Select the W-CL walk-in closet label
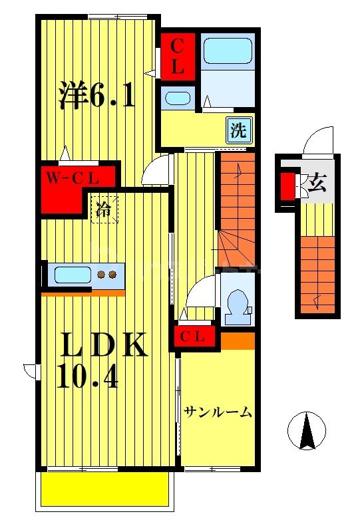(73, 178)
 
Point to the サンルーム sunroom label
(218, 412)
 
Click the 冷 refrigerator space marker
(104, 208)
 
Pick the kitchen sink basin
(73, 274)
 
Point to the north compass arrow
(306, 430)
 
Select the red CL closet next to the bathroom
(178, 56)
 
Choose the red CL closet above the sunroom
(196, 336)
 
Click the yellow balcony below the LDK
(104, 490)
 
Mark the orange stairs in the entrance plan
(317, 273)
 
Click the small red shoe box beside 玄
(287, 186)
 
